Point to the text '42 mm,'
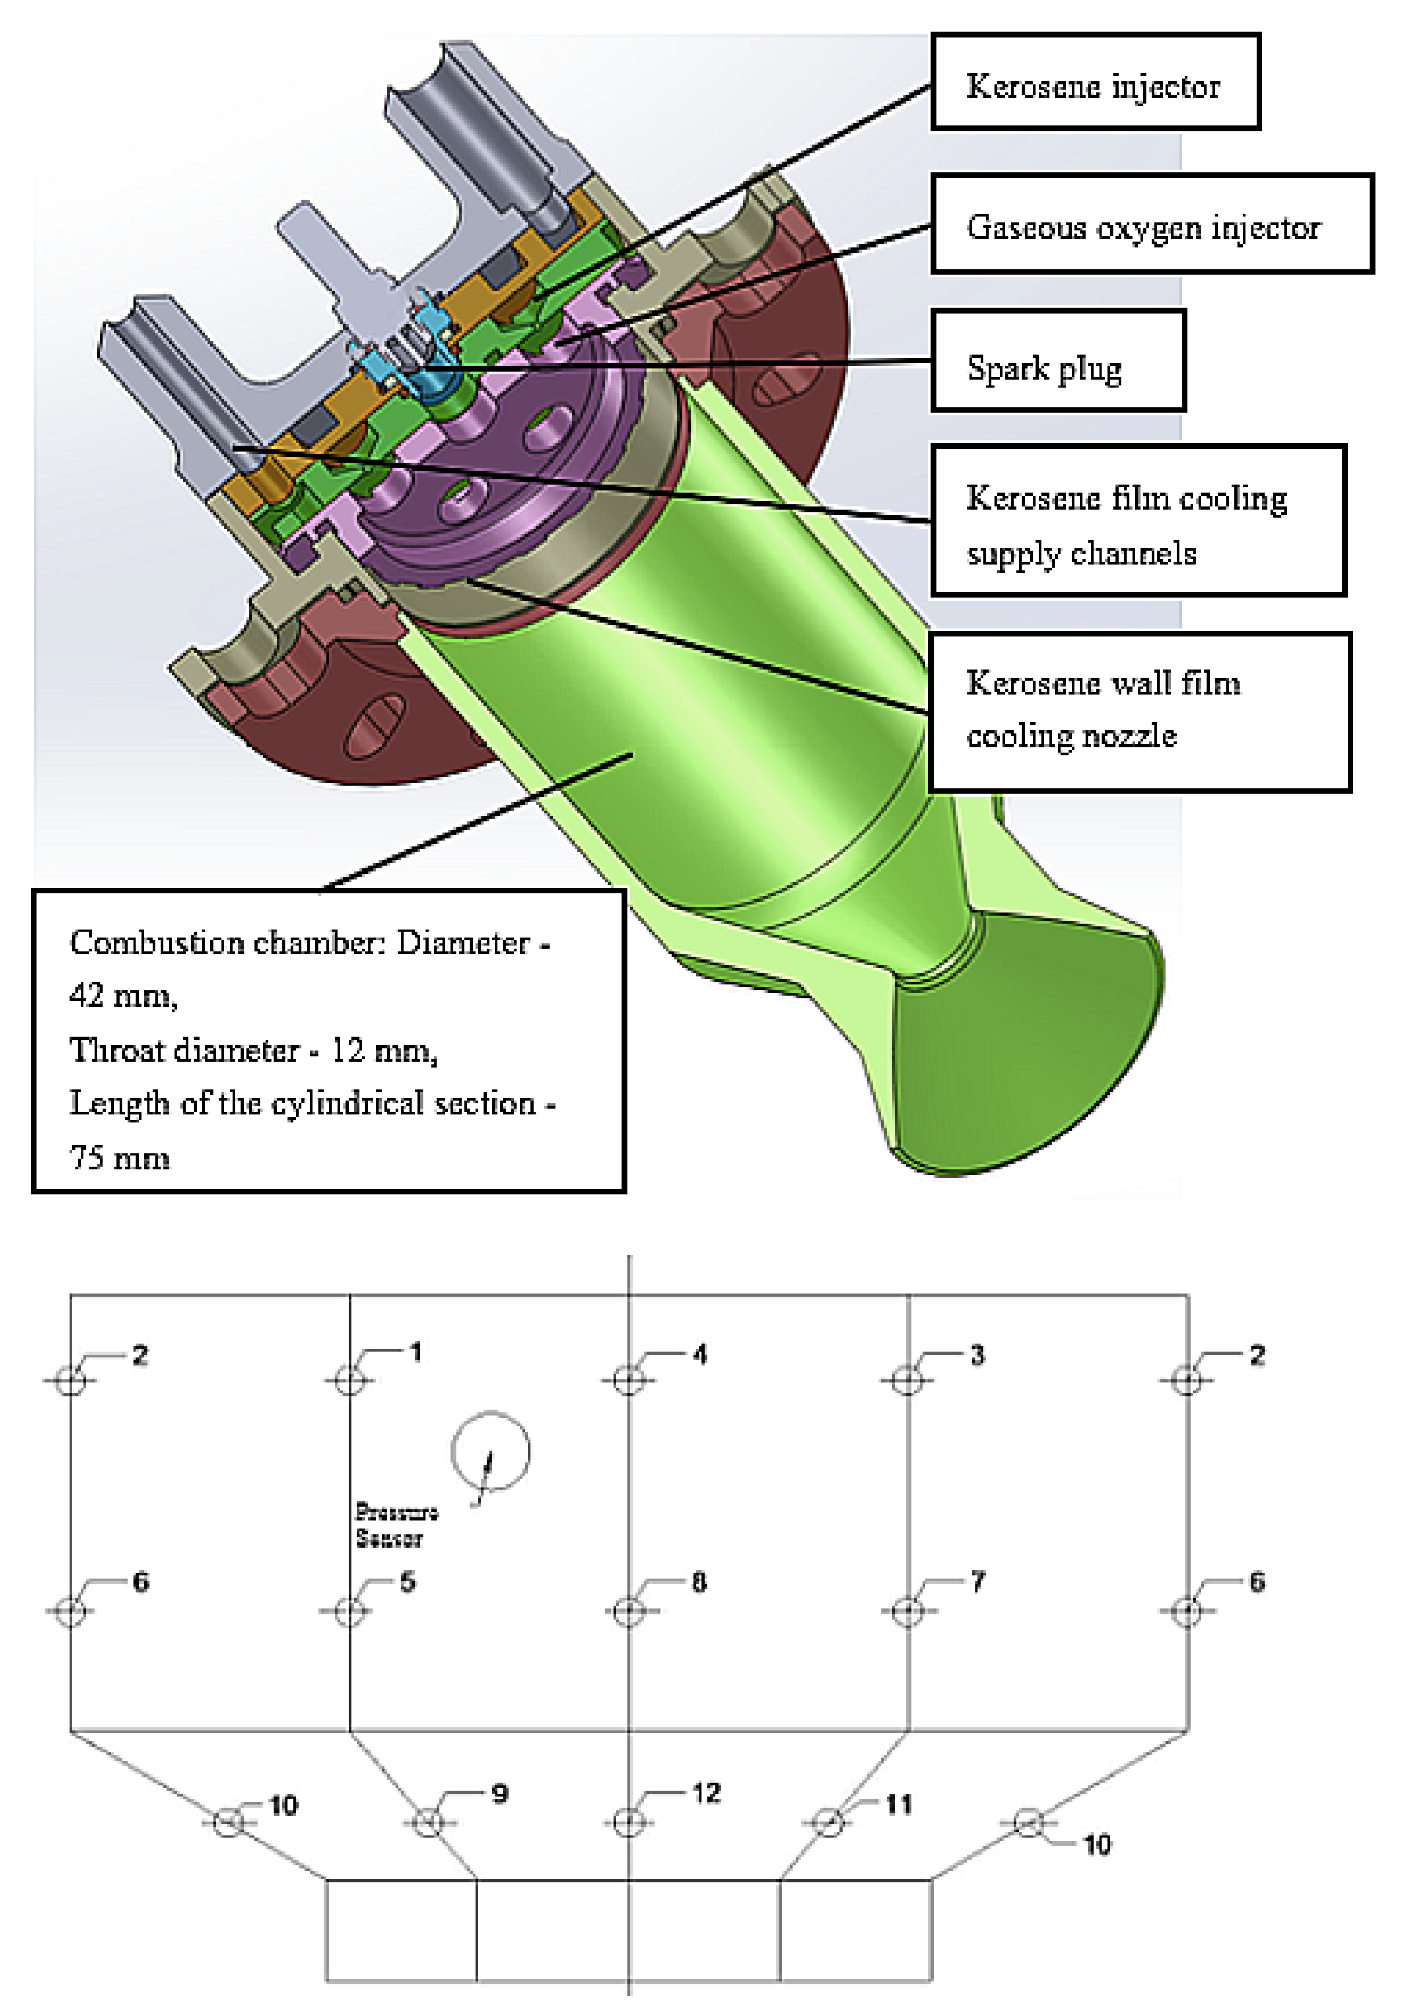click(x=123, y=994)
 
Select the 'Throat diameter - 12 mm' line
click(x=254, y=1050)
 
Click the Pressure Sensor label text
click(x=395, y=1524)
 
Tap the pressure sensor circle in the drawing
click(x=490, y=1451)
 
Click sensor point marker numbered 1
click(x=349, y=1379)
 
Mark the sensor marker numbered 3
click(x=907, y=1379)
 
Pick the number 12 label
click(x=706, y=1793)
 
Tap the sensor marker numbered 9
click(x=428, y=1823)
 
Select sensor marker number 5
click(x=349, y=1611)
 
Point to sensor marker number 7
click(x=907, y=1611)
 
